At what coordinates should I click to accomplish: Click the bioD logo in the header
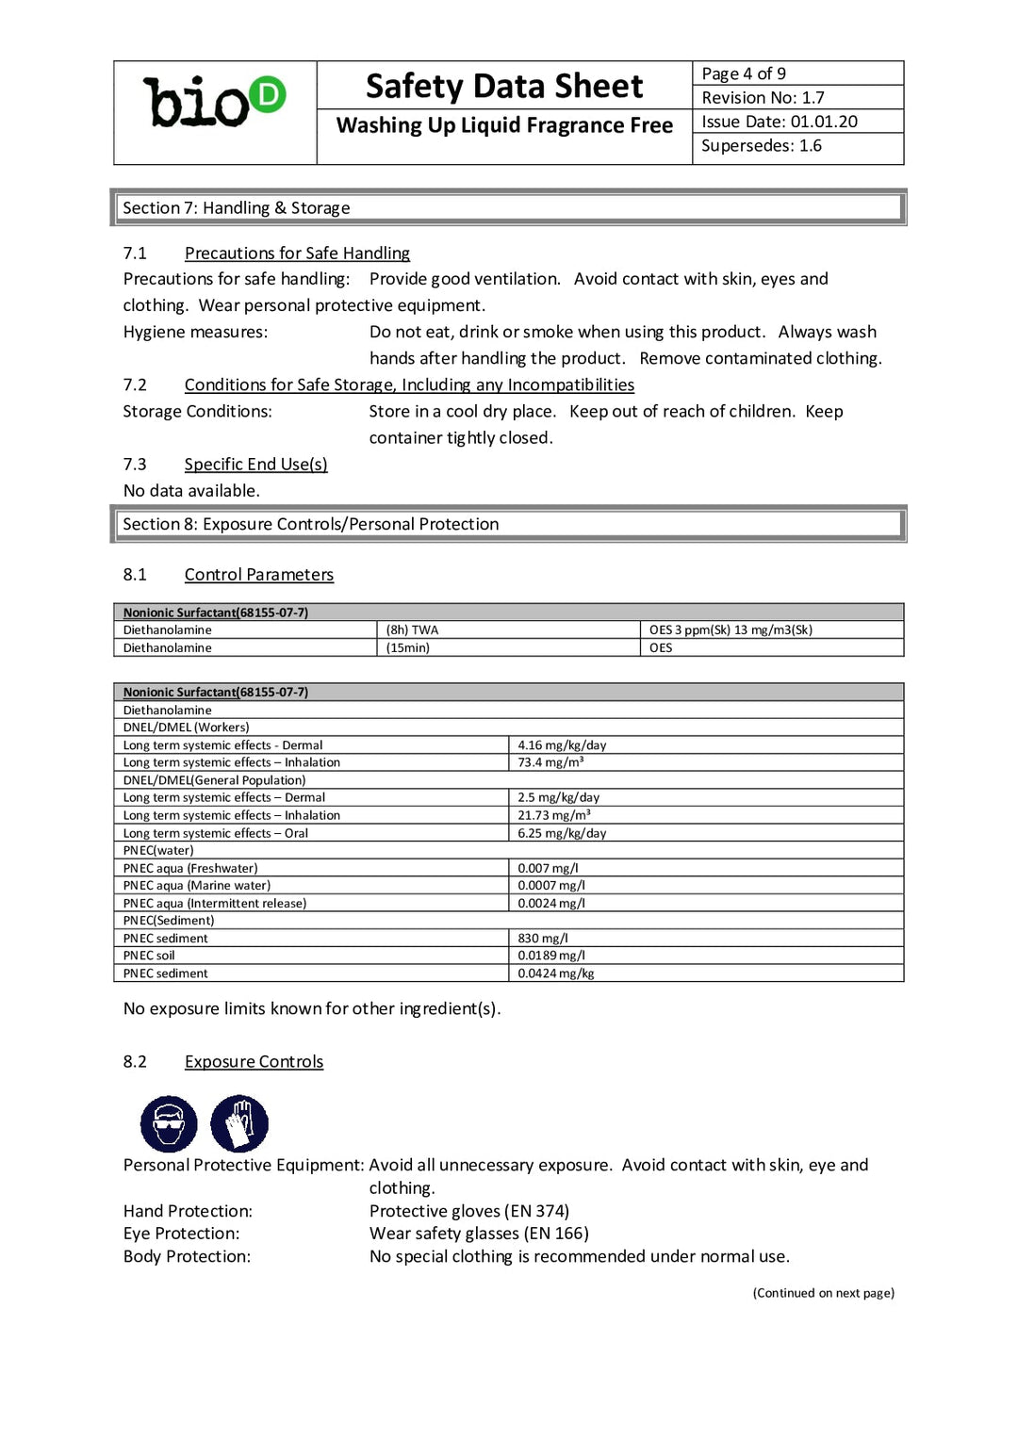214,102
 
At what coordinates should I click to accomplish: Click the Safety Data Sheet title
504,87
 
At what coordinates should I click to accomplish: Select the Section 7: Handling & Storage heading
236,207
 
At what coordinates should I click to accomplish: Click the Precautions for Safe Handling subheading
297,253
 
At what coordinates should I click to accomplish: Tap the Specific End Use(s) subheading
255,464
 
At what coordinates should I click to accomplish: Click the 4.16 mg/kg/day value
562,744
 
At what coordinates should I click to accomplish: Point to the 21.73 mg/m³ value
554,815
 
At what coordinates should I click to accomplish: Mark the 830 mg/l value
543,938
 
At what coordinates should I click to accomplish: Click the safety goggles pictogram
169,1123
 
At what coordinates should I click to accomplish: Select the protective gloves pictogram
239,1123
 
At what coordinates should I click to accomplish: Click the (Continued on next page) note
823,1293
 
